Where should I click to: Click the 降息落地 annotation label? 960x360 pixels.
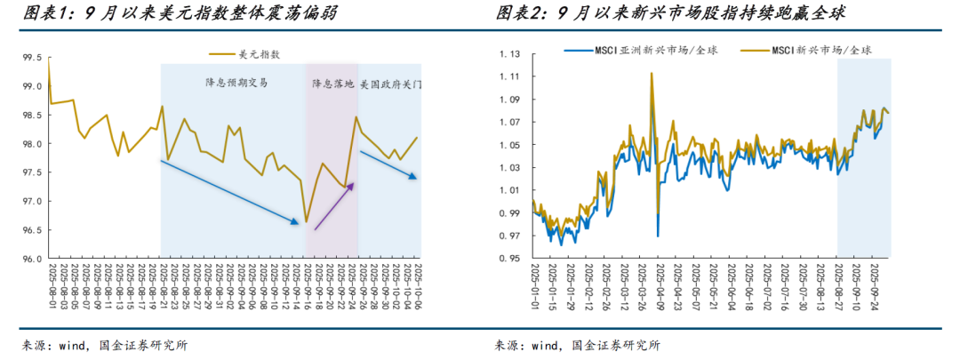point(332,84)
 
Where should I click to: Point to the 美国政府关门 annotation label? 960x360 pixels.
point(391,84)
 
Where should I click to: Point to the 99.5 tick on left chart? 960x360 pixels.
point(32,58)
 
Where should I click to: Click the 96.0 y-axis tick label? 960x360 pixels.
point(32,260)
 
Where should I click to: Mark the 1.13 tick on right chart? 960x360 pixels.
point(510,54)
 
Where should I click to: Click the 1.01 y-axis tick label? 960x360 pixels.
point(510,191)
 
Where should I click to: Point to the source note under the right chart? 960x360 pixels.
point(577,346)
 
